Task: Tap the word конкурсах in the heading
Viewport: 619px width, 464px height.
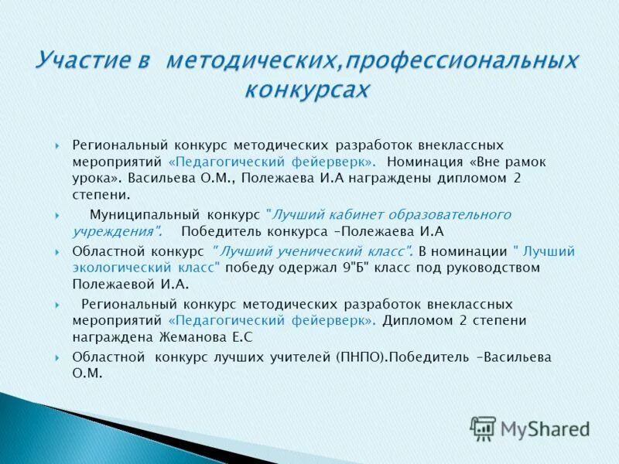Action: (307, 90)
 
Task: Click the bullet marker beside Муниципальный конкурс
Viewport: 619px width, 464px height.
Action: (58, 214)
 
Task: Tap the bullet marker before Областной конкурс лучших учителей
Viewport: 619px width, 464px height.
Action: (58, 358)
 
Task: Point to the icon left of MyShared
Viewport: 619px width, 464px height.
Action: (484, 428)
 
